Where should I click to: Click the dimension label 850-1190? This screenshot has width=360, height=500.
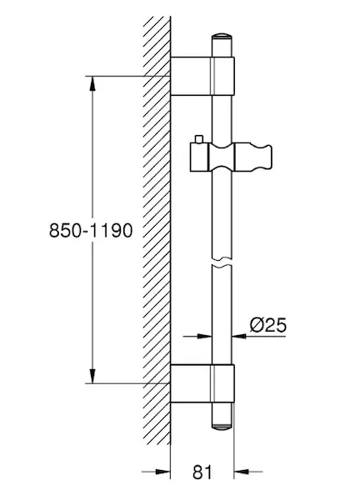[x=91, y=230]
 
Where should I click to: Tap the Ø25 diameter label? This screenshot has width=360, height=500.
[x=267, y=325]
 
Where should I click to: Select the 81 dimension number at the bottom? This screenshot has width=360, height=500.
[x=202, y=472]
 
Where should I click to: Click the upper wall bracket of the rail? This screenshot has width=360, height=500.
[x=202, y=76]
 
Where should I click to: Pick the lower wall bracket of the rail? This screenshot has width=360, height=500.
[x=202, y=383]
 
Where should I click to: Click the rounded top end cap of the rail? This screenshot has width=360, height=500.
[x=222, y=36]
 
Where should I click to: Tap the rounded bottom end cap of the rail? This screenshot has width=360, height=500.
[x=222, y=426]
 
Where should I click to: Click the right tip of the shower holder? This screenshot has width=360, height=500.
[x=272, y=157]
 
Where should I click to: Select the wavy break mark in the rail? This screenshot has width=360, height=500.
[x=222, y=262]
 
